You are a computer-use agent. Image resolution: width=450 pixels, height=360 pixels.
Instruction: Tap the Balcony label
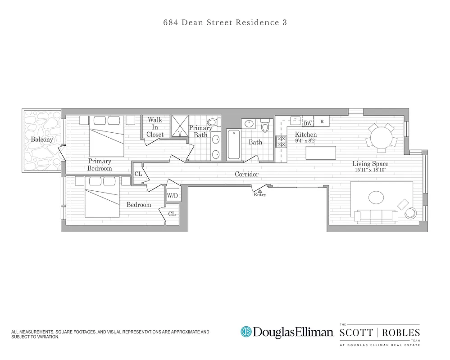point(42,139)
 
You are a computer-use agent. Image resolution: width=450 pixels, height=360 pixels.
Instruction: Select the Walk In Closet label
point(155,127)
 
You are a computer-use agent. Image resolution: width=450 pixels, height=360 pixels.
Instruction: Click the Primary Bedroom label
point(100,165)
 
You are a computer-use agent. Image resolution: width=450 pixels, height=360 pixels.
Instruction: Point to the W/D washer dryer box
point(172,196)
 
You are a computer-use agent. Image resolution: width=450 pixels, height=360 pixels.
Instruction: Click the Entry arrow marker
point(259,191)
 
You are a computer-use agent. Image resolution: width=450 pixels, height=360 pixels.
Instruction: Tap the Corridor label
point(246,174)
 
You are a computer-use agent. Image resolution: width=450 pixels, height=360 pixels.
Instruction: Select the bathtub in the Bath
point(233,144)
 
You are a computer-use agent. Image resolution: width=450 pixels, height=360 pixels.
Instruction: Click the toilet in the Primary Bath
point(212,121)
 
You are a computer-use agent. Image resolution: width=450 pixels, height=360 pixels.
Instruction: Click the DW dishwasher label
point(308,123)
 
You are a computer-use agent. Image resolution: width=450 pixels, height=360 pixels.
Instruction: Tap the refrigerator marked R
point(322,121)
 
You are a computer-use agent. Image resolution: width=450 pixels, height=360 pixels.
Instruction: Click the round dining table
point(381,135)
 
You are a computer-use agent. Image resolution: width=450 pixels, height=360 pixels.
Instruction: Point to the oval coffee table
point(377,197)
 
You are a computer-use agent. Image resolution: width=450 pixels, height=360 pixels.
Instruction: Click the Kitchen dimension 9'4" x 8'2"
point(306,140)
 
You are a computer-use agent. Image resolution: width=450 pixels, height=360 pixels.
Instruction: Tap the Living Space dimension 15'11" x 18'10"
point(370,170)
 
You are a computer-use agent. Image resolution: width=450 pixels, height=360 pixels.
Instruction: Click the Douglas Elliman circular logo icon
point(246,332)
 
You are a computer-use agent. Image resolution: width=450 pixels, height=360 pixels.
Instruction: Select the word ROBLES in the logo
point(402,333)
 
